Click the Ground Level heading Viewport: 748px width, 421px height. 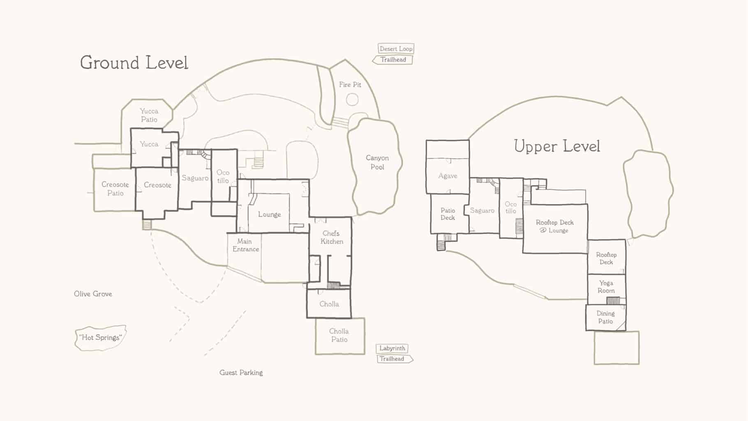tap(134, 63)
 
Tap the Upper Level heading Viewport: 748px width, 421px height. tap(557, 146)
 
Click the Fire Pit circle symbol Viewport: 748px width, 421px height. tap(352, 99)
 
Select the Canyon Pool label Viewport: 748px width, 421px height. tap(377, 162)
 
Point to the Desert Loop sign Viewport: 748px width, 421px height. tap(396, 49)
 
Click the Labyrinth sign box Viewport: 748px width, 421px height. tap(392, 349)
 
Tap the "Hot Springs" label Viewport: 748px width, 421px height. tap(101, 338)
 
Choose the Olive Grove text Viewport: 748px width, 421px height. tap(93, 294)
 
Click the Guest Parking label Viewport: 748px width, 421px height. tap(241, 373)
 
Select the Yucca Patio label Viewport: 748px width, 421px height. tap(149, 116)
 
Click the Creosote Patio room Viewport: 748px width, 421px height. tap(115, 189)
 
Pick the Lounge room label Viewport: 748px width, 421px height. tap(270, 215)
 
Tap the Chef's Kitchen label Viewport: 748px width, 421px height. tap(332, 238)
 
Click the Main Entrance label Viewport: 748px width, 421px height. tap(245, 245)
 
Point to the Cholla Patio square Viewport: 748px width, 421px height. tap(340, 336)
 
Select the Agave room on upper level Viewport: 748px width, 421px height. tap(448, 167)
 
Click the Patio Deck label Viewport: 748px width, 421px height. tap(448, 214)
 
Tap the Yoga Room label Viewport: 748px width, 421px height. tap(606, 287)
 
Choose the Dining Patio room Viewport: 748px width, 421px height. tap(606, 318)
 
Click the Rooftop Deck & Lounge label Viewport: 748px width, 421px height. tap(555, 227)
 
